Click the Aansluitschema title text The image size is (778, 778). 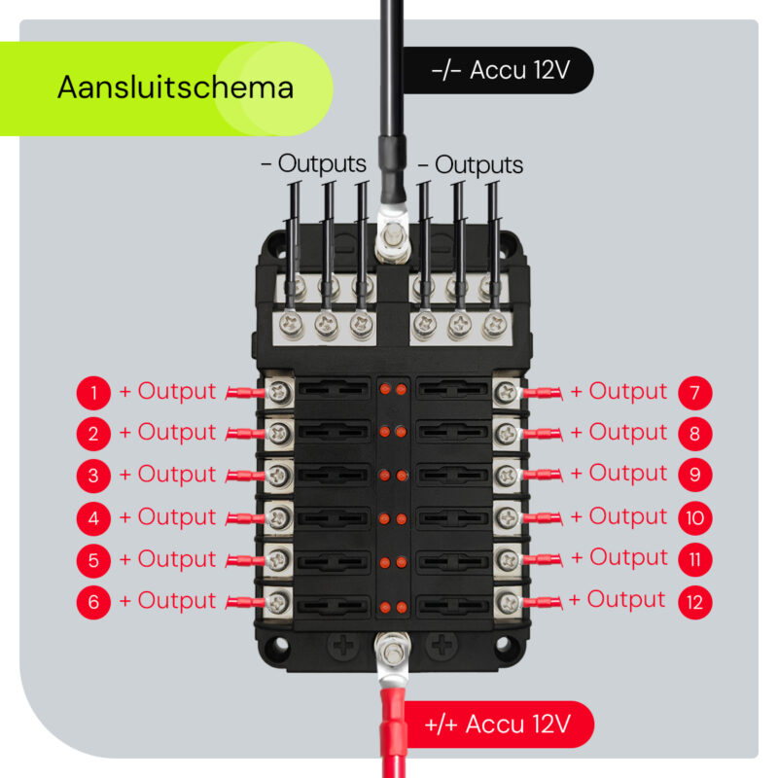tap(175, 88)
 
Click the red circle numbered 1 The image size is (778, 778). tap(93, 393)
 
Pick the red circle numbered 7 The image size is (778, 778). tap(695, 393)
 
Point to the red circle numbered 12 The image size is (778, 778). tap(695, 602)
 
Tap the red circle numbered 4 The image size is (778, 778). tap(93, 518)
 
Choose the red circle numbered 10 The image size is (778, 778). tap(695, 518)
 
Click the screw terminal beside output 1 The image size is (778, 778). tap(280, 392)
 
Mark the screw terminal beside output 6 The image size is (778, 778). tap(280, 600)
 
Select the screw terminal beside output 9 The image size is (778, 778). tap(505, 476)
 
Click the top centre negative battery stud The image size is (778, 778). tap(394, 234)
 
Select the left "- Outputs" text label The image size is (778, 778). tap(313, 164)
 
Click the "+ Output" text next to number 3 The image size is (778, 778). tap(167, 475)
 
